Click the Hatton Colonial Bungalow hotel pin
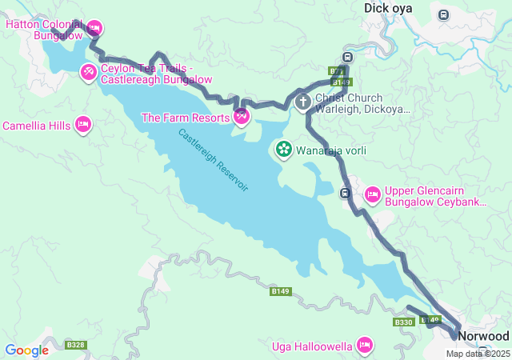click(x=94, y=28)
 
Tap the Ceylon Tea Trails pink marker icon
click(x=88, y=73)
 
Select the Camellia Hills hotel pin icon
click(x=82, y=125)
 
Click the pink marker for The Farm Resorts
click(x=242, y=117)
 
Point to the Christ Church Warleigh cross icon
click(x=303, y=102)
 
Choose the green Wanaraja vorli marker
click(x=284, y=149)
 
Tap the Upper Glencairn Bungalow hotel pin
click(x=372, y=194)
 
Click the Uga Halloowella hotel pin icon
click(x=365, y=346)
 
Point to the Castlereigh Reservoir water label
click(x=213, y=160)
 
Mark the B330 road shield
click(x=403, y=322)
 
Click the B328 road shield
click(x=76, y=345)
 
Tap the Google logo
click(x=26, y=350)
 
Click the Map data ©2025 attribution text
click(x=478, y=354)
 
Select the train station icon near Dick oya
click(x=443, y=14)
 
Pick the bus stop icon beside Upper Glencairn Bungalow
click(x=346, y=193)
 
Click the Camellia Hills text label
click(x=36, y=126)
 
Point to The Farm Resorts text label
click(x=185, y=118)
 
